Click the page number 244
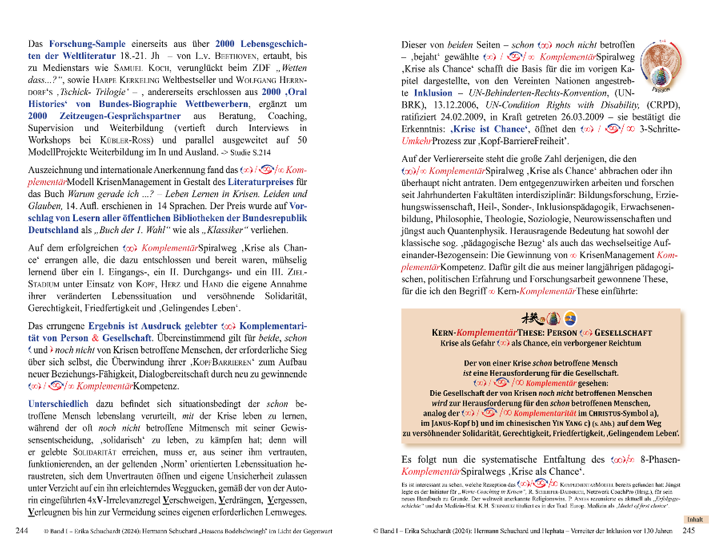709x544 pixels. click(22, 530)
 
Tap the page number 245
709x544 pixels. click(689, 530)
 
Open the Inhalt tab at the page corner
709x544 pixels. click(695, 520)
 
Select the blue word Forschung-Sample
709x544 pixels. click(87, 44)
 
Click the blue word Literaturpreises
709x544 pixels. click(260, 182)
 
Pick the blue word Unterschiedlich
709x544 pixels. click(58, 404)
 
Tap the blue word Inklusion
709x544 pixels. click(433, 93)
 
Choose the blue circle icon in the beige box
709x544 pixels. click(570, 318)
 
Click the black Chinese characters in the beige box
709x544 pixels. click(533, 318)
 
